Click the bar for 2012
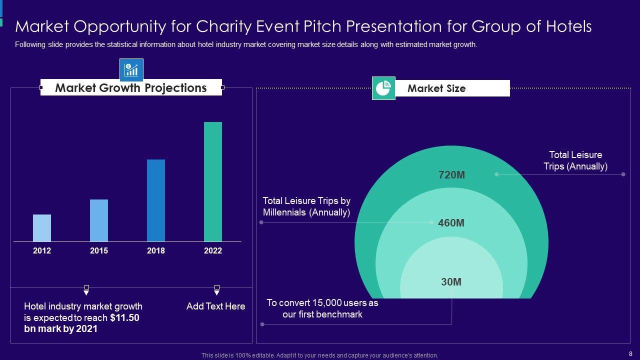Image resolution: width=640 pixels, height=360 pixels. pos(42,228)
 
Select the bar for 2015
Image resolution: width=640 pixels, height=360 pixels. pos(99,220)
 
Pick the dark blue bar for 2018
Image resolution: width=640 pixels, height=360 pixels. pos(156,200)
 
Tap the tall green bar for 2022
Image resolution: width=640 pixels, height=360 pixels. pos(213,182)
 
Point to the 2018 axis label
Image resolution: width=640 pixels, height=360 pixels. pos(156,251)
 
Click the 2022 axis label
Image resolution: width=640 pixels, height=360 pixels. pos(213,251)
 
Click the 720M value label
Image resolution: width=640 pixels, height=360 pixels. pos(451,175)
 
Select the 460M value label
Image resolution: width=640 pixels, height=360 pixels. pos(451,223)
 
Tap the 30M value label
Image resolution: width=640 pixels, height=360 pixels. pos(451,282)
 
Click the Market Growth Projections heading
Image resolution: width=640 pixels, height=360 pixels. pos(131,88)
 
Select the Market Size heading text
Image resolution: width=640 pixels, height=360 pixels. pos(436,88)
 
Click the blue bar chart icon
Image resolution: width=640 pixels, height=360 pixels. pos(131,70)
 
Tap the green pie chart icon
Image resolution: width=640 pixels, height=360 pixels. pos(383,88)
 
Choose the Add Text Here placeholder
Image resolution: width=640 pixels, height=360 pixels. pos(216,306)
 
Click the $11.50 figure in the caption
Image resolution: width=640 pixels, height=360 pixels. pos(125,318)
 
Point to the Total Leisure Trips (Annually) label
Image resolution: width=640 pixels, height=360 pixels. pos(575,160)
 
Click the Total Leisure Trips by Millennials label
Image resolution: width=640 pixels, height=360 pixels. pos(306,206)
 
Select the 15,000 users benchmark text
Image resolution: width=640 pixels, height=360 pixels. pos(322,308)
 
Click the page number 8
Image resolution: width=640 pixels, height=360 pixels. pos(630,353)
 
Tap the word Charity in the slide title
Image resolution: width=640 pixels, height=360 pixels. pos(227,26)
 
